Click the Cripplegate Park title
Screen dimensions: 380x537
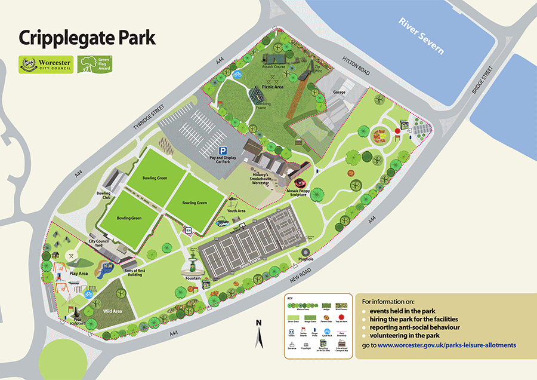coord(87,38)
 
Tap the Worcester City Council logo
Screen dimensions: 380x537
coord(46,65)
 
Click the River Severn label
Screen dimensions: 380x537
coord(421,36)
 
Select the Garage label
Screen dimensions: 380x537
coord(339,93)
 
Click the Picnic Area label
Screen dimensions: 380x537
coord(274,87)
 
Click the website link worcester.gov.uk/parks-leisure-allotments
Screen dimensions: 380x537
coord(447,345)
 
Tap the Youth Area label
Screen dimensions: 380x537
coord(236,211)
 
